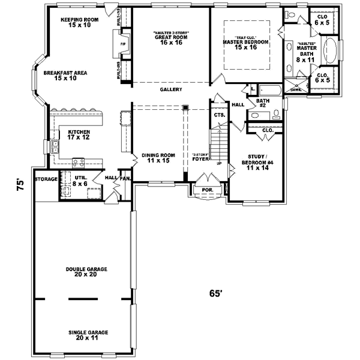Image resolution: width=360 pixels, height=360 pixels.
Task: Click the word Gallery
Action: coord(171,89)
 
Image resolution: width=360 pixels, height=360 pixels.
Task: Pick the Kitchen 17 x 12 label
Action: coord(79,134)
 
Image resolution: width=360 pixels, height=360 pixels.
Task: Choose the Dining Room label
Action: coord(157,159)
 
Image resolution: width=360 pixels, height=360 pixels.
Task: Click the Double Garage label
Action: coord(82,271)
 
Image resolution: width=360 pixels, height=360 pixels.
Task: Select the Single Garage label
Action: coord(82,334)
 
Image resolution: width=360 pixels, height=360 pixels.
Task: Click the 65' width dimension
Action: coord(216,293)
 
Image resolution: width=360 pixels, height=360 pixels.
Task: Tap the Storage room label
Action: coord(46,179)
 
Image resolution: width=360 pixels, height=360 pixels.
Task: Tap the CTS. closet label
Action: coord(218,114)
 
